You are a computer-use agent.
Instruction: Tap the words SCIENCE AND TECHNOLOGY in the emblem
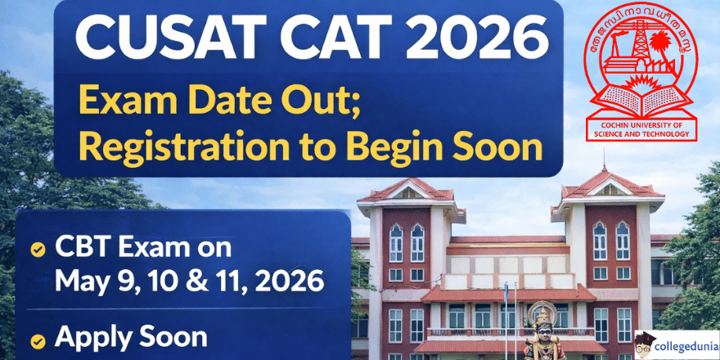click(x=641, y=134)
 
